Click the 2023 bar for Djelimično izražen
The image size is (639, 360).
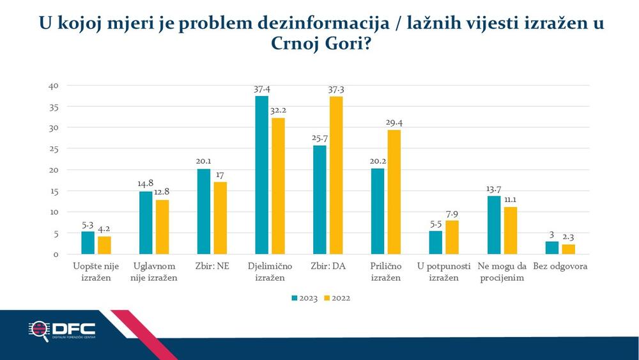(261, 175)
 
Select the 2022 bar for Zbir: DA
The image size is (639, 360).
(336, 175)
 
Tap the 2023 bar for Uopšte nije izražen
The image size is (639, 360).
(88, 243)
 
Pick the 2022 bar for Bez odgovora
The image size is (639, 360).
(568, 249)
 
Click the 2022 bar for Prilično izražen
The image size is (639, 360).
(394, 192)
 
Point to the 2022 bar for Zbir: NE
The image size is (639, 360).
(220, 218)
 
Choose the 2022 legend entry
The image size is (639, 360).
(335, 297)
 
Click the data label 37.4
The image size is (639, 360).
(261, 90)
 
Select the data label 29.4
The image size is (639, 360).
(394, 123)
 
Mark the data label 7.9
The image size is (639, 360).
(452, 214)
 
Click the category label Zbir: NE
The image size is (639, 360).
(212, 266)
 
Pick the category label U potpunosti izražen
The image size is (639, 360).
(443, 271)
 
